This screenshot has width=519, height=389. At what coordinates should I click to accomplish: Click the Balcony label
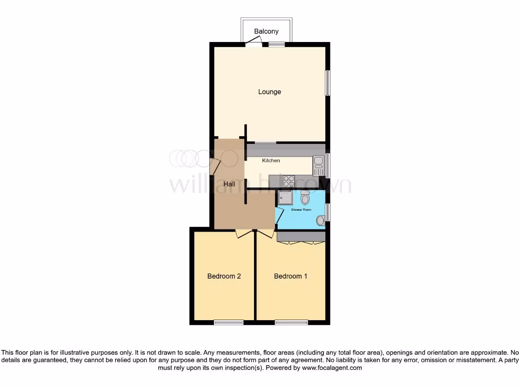(x=266, y=31)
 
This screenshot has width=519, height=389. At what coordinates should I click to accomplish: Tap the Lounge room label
(x=269, y=92)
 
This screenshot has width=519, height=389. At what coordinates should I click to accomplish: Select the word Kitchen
(x=271, y=161)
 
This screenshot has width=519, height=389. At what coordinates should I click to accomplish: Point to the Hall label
(x=229, y=184)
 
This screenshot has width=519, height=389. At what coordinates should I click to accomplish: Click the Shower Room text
(x=301, y=209)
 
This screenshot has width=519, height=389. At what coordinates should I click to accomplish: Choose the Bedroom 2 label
(x=224, y=276)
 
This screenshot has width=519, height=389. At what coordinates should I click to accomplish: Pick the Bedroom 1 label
(x=290, y=276)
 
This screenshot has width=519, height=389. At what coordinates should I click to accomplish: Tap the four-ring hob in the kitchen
(x=289, y=180)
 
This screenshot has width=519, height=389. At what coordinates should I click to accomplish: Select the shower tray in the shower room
(x=285, y=198)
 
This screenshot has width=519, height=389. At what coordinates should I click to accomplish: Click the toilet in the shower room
(x=305, y=197)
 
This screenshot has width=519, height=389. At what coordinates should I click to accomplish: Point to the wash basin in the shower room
(x=320, y=220)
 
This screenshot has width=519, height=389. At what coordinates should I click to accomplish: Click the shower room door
(x=279, y=215)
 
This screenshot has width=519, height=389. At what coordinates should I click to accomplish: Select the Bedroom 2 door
(x=245, y=232)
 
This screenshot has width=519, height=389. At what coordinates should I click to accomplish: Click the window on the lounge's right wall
(x=327, y=83)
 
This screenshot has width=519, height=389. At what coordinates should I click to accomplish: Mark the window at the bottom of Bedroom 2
(x=228, y=322)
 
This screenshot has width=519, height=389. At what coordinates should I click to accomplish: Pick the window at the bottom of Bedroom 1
(x=291, y=322)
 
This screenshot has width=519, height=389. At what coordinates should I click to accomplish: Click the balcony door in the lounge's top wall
(x=253, y=45)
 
